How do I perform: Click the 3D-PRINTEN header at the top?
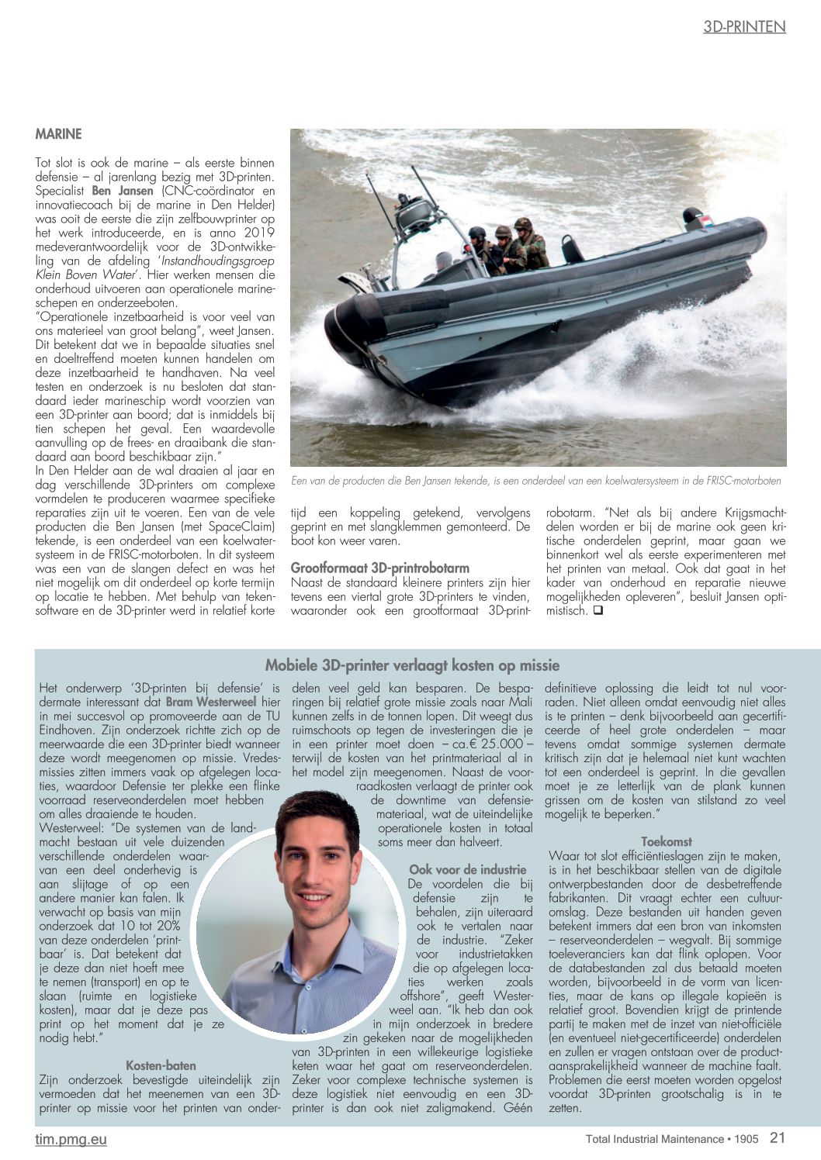pos(744,27)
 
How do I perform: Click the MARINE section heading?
pos(58,134)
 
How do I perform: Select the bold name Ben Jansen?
pos(123,191)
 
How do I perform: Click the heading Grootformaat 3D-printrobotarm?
pos(380,568)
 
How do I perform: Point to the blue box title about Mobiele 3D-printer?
pos(412,665)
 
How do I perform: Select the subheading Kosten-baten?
pos(161,1065)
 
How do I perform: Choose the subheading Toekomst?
pos(666,841)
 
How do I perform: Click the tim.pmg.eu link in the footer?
pos(71,1139)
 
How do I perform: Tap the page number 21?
pos(778,1138)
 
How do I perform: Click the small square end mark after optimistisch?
pos(598,611)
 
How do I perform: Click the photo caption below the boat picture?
pos(535,481)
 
